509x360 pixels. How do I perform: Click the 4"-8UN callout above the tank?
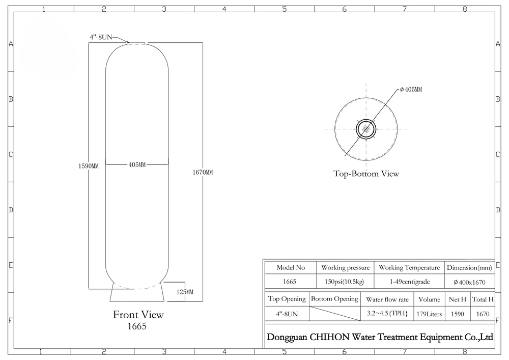(101, 37)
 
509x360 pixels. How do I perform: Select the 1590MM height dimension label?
(89, 166)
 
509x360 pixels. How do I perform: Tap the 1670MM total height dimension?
(203, 173)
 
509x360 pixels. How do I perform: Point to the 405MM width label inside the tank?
(137, 164)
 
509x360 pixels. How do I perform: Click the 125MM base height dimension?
(185, 292)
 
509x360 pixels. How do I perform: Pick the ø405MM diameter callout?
(411, 89)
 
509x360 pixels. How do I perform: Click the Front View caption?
(138, 315)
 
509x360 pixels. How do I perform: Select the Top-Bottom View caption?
(366, 174)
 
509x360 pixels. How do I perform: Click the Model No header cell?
(291, 267)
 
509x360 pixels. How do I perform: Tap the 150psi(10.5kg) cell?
(345, 282)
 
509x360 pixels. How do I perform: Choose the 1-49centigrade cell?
(409, 282)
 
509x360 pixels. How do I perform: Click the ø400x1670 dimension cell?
(469, 282)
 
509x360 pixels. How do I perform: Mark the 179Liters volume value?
(429, 314)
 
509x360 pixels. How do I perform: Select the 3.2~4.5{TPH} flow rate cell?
(387, 314)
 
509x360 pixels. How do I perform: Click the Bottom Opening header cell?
(335, 299)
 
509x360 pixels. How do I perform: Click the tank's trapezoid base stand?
(136, 291)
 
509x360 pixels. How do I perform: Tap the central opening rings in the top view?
(366, 129)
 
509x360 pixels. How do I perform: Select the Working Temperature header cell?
(409, 267)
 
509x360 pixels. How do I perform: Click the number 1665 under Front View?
(137, 326)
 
